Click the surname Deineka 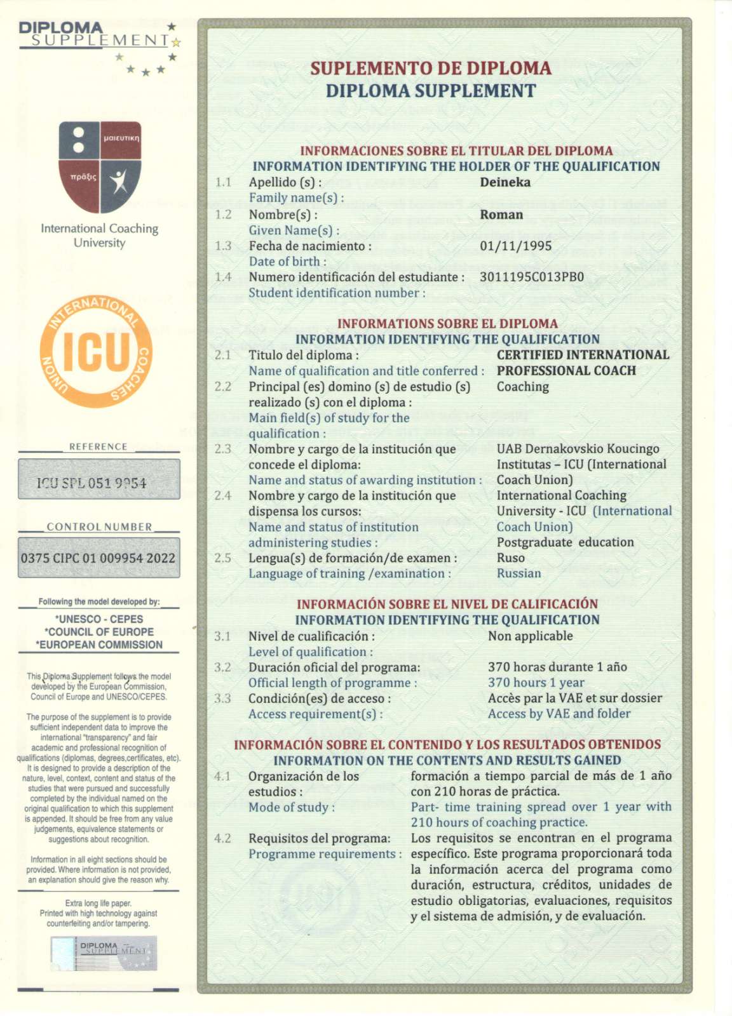point(505,182)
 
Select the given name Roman point(501,215)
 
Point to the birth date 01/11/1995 point(515,246)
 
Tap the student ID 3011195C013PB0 point(531,277)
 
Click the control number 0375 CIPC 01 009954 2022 point(98,558)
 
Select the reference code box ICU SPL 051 point(98,479)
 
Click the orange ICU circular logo point(96,351)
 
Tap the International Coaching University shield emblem point(100,167)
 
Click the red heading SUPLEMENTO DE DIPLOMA point(430,68)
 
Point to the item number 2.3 point(222,449)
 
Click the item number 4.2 point(222,838)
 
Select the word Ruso point(510,558)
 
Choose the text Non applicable point(530,636)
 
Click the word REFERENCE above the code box point(98,446)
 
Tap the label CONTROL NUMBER point(99,526)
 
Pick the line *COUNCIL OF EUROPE point(99,632)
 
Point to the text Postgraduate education point(565,542)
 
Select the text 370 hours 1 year point(536,683)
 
